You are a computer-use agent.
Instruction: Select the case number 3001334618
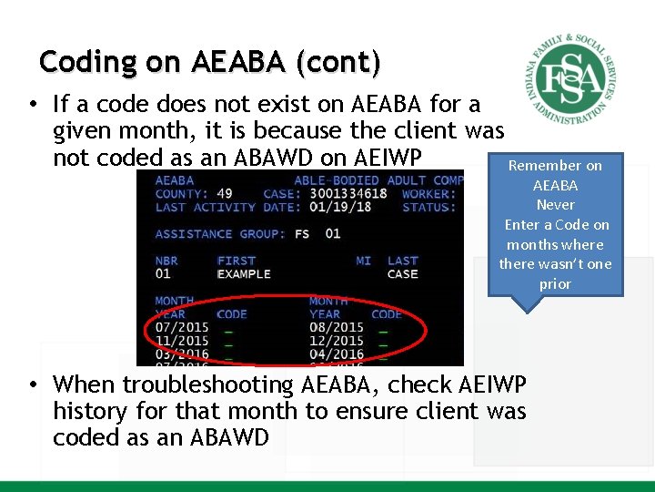(349, 193)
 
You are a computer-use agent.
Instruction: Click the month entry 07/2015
(181, 327)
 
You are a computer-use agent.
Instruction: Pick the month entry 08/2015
(336, 327)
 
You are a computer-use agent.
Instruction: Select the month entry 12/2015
(336, 341)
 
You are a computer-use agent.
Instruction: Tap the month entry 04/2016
(336, 354)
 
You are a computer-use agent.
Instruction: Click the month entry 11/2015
(181, 341)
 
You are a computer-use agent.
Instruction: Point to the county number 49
(225, 193)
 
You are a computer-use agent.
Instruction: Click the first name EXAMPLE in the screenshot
(244, 273)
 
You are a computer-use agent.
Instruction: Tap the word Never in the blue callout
(555, 205)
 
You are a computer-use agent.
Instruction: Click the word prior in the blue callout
(555, 283)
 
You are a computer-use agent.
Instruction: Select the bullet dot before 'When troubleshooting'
(33, 385)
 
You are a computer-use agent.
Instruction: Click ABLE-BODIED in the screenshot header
(337, 180)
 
